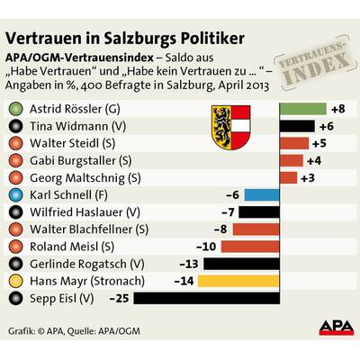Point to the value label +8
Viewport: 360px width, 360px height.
click(x=338, y=109)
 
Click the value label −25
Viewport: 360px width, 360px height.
click(x=118, y=297)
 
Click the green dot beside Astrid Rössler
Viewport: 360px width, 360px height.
click(x=18, y=109)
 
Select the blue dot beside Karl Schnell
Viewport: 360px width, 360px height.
click(x=18, y=194)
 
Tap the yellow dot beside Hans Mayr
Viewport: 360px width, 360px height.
click(x=18, y=280)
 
